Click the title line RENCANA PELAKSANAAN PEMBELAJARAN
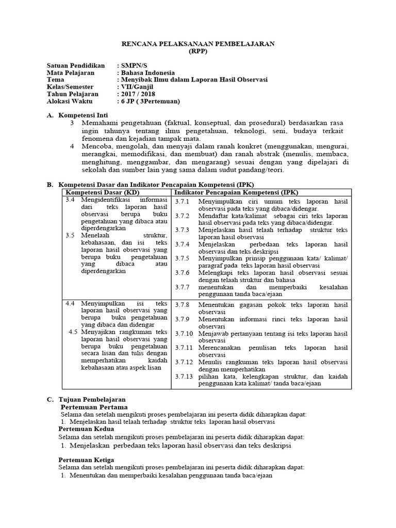click(x=197, y=44)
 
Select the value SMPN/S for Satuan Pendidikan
click(x=134, y=65)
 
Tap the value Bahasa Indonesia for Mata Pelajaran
click(x=147, y=73)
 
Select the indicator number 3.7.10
click(x=184, y=334)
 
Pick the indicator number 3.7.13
click(x=184, y=376)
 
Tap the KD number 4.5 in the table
click(x=73, y=332)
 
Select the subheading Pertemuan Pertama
click(x=94, y=407)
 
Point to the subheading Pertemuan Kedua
click(x=86, y=428)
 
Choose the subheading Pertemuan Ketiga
click(x=86, y=459)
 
